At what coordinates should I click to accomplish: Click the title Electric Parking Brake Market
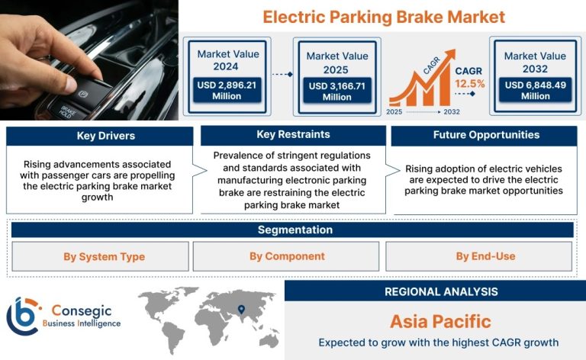point(384,17)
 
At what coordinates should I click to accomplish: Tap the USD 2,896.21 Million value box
point(227,90)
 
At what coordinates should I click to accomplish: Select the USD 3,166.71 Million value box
point(336,91)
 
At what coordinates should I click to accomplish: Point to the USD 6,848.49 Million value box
point(535,90)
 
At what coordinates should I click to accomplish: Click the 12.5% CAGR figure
point(469,84)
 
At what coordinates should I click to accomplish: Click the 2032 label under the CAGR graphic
point(452,111)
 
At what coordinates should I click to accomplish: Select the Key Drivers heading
point(106,136)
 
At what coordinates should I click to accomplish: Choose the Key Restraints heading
point(293,134)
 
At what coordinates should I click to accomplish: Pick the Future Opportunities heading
point(486,135)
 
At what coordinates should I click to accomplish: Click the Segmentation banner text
point(295,230)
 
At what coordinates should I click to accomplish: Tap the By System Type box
point(100,256)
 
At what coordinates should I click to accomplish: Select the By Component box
point(286,256)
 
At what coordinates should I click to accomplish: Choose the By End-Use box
point(478,256)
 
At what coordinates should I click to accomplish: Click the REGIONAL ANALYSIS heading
point(441,291)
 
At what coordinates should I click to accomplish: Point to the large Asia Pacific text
point(440,322)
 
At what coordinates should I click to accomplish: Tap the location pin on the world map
point(241,309)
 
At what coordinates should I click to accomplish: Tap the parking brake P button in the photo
point(83,94)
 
